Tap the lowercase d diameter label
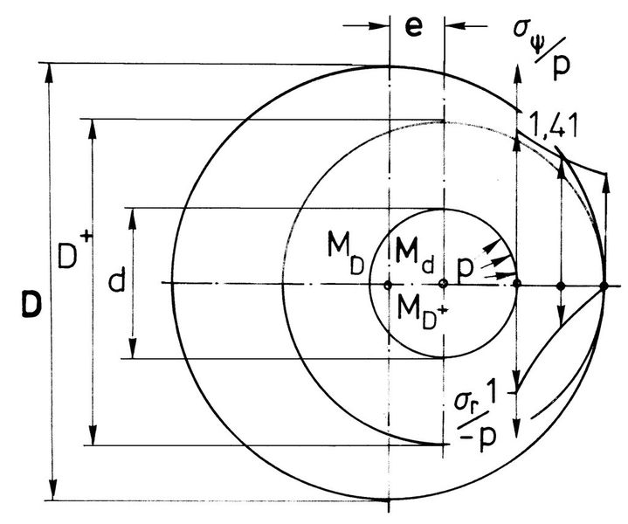click(114, 280)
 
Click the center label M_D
click(347, 249)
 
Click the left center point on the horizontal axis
click(387, 285)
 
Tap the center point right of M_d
click(444, 284)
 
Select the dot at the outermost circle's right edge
click(604, 285)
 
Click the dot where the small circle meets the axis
click(518, 284)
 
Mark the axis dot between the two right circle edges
click(561, 285)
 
